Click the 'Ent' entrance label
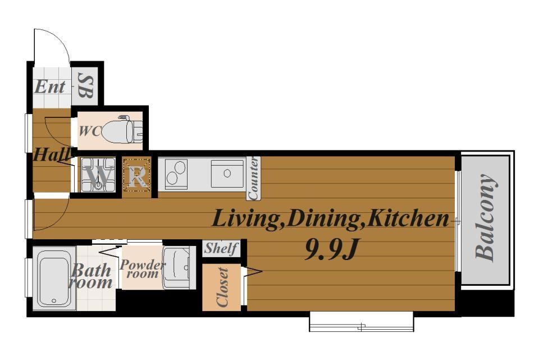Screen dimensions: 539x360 pyautogui.click(x=50, y=86)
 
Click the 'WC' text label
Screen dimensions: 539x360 pyautogui.click(x=90, y=131)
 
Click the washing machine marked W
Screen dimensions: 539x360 pyautogui.click(x=98, y=175)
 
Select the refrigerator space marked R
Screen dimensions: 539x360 pyautogui.click(x=137, y=175)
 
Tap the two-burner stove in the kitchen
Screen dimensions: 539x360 pyautogui.click(x=176, y=174)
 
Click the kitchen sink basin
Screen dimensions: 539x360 pyautogui.click(x=227, y=174)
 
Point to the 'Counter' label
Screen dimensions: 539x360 pyautogui.click(x=254, y=178)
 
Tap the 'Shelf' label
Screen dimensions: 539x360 pyautogui.click(x=221, y=248)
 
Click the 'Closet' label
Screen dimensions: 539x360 pyautogui.click(x=222, y=287)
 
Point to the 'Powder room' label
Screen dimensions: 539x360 pyautogui.click(x=142, y=269)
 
